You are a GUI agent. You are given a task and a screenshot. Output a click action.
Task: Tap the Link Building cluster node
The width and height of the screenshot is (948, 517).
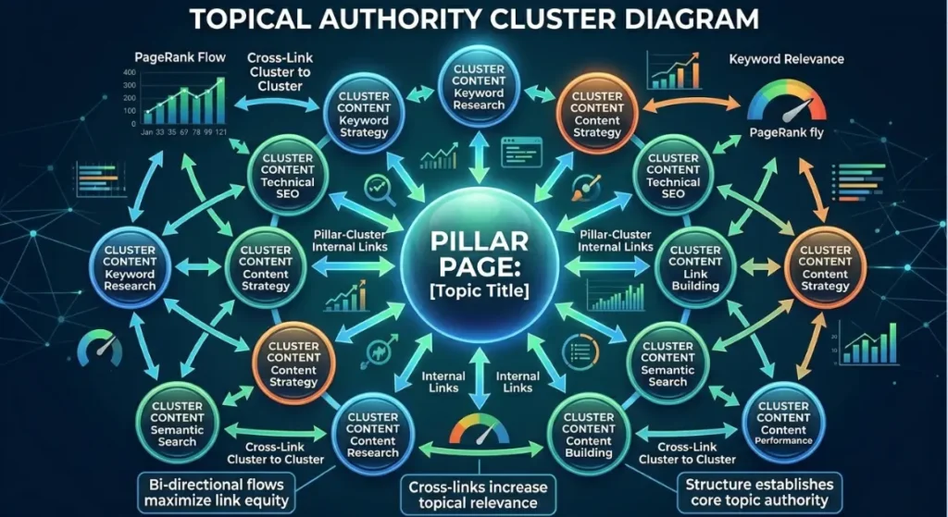694,268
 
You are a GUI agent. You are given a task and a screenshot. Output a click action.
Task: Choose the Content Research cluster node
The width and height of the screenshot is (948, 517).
372,435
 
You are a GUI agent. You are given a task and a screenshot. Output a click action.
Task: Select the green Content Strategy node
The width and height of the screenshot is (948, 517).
266,268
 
